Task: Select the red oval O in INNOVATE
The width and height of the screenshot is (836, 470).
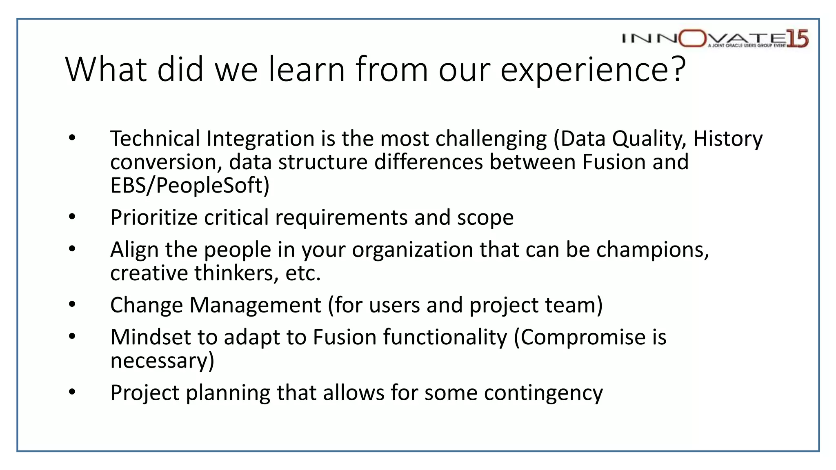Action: (693, 39)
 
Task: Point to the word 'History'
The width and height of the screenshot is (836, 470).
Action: (728, 139)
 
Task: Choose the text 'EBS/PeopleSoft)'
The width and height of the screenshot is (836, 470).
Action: (190, 186)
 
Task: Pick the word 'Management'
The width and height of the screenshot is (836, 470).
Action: (255, 305)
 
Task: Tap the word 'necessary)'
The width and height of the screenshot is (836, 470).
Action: (162, 361)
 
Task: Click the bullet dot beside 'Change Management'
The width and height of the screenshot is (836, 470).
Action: (72, 304)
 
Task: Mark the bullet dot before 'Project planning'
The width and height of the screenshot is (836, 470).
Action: (72, 392)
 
